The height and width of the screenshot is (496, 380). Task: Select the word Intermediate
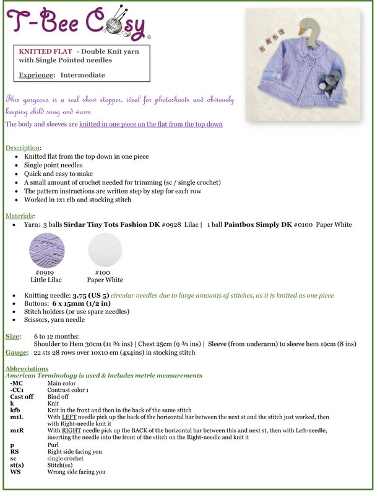82,75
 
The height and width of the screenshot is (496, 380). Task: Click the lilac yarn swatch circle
47,249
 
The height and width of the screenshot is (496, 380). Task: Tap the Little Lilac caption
47,280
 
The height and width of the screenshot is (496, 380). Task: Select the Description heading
22,148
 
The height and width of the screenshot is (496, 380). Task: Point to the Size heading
12,335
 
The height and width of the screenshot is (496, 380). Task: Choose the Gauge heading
16,352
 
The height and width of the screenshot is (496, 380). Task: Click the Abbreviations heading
27,368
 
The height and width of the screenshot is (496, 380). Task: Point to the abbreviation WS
15,472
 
